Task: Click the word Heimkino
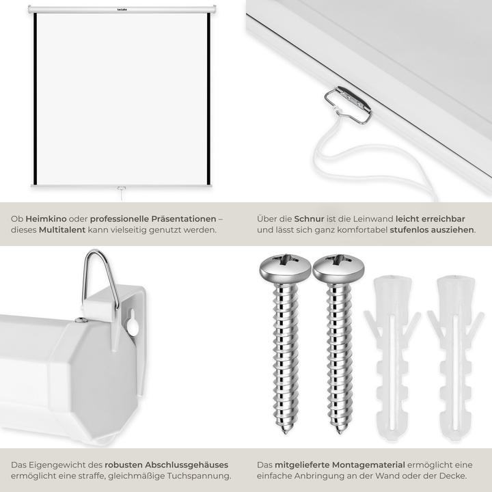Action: [46, 219]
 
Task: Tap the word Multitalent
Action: [62, 230]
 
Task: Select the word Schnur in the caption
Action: [309, 219]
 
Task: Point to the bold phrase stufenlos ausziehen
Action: [432, 230]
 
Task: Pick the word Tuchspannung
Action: [199, 476]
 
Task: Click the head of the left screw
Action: [285, 269]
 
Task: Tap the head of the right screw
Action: [338, 269]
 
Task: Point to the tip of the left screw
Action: [285, 433]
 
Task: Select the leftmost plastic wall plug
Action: [392, 357]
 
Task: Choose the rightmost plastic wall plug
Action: [455, 357]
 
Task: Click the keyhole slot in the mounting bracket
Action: [133, 323]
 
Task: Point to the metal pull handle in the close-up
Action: [348, 105]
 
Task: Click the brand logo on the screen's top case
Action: [122, 10]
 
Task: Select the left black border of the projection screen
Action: [36, 99]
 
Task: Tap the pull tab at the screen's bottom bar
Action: [122, 189]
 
